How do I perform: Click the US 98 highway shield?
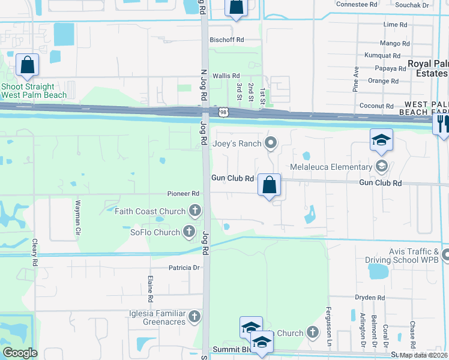click(223, 112)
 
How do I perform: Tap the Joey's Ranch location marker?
click(271, 143)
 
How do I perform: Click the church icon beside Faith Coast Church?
click(194, 211)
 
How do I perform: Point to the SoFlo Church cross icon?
click(189, 232)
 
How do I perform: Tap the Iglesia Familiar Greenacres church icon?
click(194, 316)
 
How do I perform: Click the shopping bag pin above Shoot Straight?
click(28, 65)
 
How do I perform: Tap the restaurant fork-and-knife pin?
click(442, 123)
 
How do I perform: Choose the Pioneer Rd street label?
click(183, 194)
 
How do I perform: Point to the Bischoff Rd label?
click(227, 40)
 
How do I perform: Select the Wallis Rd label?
click(226, 77)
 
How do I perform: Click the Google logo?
click(20, 353)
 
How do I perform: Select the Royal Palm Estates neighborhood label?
click(427, 68)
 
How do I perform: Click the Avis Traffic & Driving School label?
click(401, 256)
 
